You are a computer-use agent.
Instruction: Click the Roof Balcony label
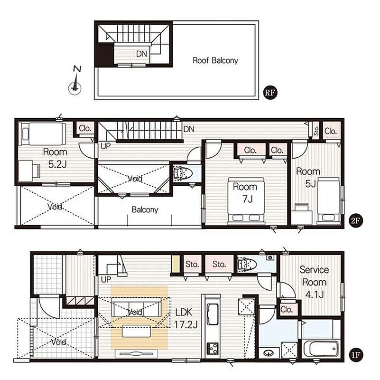[x=215, y=60]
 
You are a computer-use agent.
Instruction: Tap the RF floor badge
[x=270, y=92]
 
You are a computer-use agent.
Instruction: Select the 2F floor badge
[x=355, y=220]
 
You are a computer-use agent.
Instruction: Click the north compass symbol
[x=75, y=82]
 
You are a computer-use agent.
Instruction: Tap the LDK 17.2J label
[x=186, y=318]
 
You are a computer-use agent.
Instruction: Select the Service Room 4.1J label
[x=315, y=282]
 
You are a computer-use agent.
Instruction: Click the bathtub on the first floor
[x=322, y=349]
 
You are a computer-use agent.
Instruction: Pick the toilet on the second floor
[x=183, y=173]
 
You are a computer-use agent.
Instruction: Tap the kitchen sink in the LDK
[x=212, y=314]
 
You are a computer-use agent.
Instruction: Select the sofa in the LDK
[x=136, y=307]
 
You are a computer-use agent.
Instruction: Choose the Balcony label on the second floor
[x=145, y=209]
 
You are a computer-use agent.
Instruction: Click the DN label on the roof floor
[x=142, y=54]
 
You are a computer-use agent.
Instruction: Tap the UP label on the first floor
[x=106, y=280]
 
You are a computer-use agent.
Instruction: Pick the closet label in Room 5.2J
[x=85, y=128]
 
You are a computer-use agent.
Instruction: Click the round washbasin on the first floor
[x=268, y=352]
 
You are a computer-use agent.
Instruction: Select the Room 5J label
[x=308, y=178]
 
